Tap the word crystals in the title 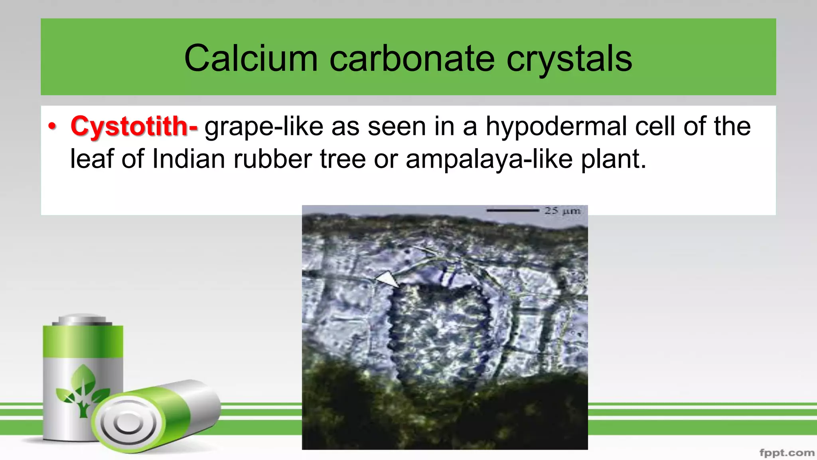(x=569, y=59)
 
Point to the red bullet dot (x=52, y=126)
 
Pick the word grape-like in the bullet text (x=264, y=127)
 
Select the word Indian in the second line (x=189, y=159)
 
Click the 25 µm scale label (x=562, y=210)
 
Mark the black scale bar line (x=513, y=210)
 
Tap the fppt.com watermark (x=787, y=452)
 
